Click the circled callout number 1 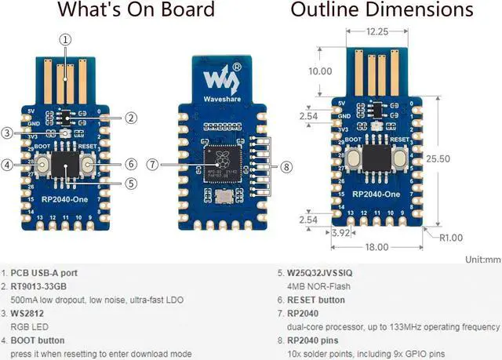pyautogui.click(x=66, y=39)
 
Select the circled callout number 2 pyautogui.click(x=131, y=118)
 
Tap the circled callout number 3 pyautogui.click(x=7, y=133)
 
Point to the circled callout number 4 pyautogui.click(x=7, y=165)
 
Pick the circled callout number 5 pyautogui.click(x=131, y=183)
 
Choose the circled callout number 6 pyautogui.click(x=131, y=165)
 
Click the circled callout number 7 pyautogui.click(x=152, y=165)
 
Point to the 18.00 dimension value pyautogui.click(x=376, y=246)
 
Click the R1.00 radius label pyautogui.click(x=453, y=237)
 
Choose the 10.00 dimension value pyautogui.click(x=319, y=71)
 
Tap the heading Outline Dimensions pyautogui.click(x=381, y=10)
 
